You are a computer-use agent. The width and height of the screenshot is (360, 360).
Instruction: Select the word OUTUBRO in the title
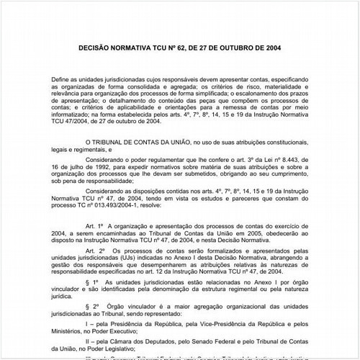pyautogui.click(x=243, y=48)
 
